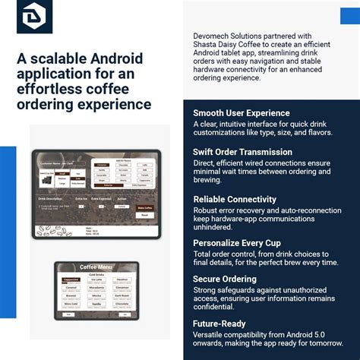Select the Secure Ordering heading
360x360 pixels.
pos(225,279)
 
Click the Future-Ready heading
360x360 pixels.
pos(221,322)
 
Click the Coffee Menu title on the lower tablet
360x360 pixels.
pos(95,267)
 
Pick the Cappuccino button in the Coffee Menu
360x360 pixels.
pos(72,279)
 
